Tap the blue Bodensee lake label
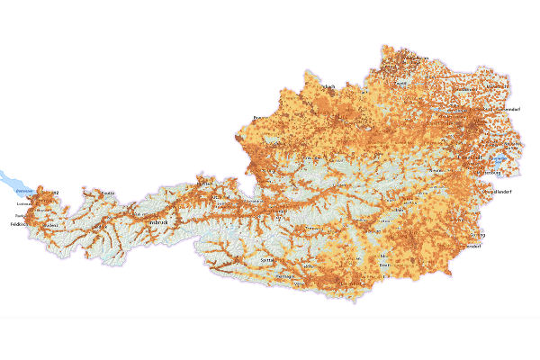[x=24, y=191]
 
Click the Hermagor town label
[x=285, y=275]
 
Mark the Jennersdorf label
[x=468, y=246]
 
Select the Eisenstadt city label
[x=470, y=157]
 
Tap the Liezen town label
[x=339, y=185]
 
